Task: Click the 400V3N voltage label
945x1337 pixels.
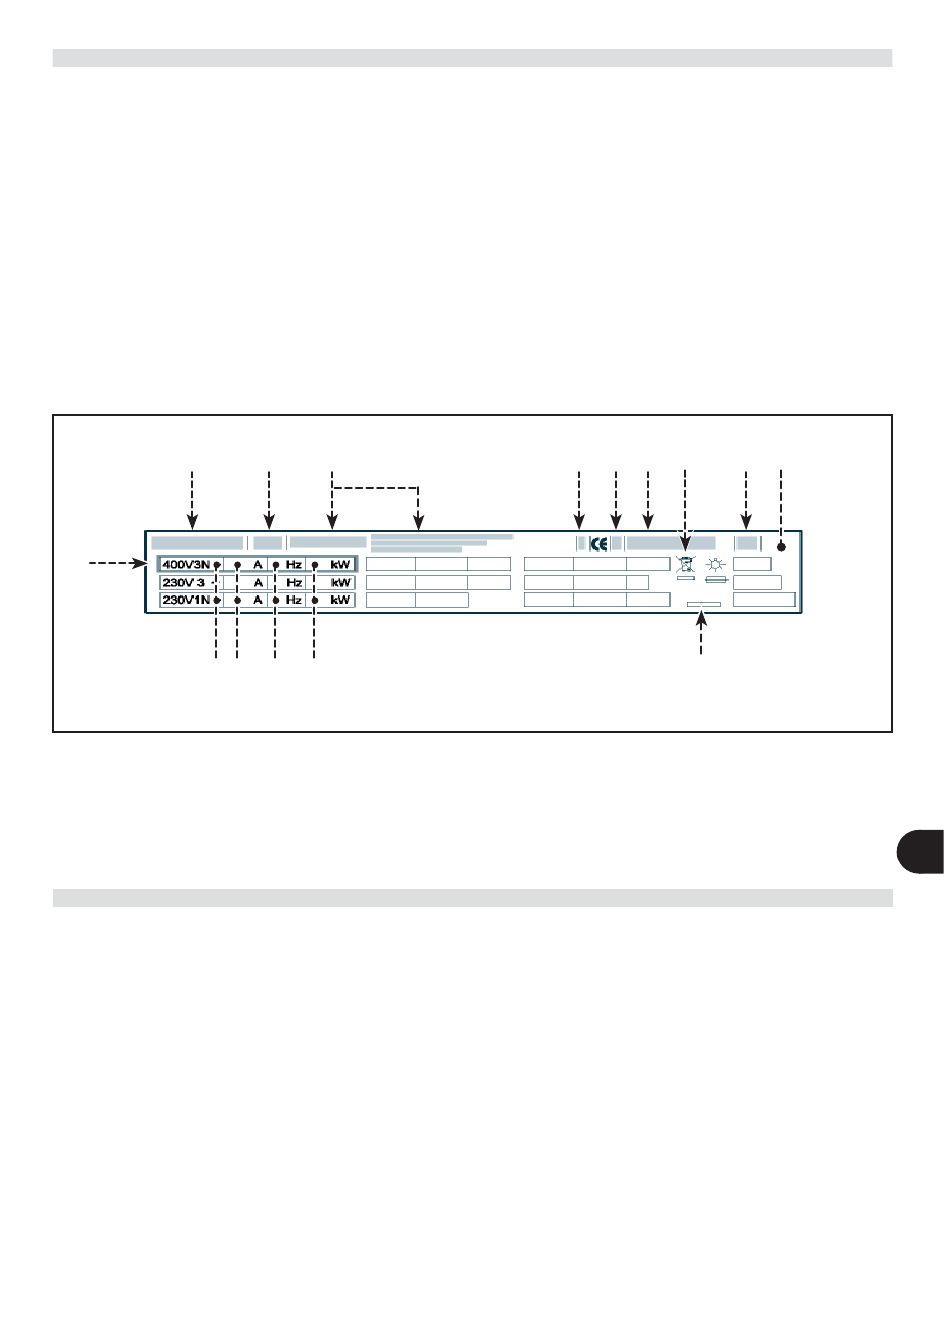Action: click(x=186, y=565)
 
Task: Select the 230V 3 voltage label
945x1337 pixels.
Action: click(x=183, y=583)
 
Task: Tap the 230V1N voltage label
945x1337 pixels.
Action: click(x=186, y=600)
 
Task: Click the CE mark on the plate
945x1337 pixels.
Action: click(x=599, y=544)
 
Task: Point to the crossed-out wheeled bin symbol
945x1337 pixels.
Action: click(x=686, y=564)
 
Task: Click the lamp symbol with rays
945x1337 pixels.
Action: click(x=716, y=564)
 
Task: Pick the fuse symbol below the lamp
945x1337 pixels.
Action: click(x=716, y=580)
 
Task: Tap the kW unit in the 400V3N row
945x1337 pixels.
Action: click(x=341, y=565)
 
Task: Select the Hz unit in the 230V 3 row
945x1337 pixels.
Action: click(x=294, y=583)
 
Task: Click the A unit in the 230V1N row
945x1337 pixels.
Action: click(x=258, y=600)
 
